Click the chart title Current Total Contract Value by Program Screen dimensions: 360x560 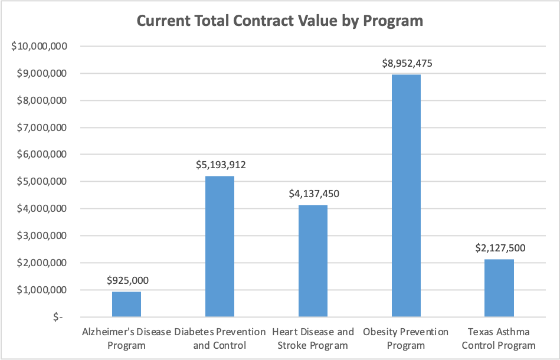pyautogui.click(x=280, y=21)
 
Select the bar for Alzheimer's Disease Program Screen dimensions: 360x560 pyautogui.click(x=127, y=304)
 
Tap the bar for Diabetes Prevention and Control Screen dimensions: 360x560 pyautogui.click(x=220, y=247)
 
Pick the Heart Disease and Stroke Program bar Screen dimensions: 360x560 pyautogui.click(x=313, y=261)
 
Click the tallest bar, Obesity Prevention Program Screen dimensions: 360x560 pyautogui.click(x=406, y=196)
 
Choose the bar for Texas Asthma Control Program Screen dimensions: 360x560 pyautogui.click(x=499, y=288)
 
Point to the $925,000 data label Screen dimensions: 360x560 pyautogui.click(x=127, y=280)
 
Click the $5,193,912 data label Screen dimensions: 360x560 pyautogui.click(x=221, y=165)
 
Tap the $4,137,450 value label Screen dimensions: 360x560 pyautogui.click(x=314, y=194)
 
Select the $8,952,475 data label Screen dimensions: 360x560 pyautogui.click(x=407, y=64)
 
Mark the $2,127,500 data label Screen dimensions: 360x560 pyautogui.click(x=500, y=248)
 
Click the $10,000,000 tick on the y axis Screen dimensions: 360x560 pyautogui.click(x=38, y=47)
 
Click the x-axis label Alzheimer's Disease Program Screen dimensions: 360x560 pyautogui.click(x=127, y=338)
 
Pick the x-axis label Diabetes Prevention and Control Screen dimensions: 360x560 pyautogui.click(x=220, y=338)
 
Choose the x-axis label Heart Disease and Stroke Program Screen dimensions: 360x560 pyautogui.click(x=313, y=338)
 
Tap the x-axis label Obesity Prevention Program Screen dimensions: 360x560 pyautogui.click(x=406, y=338)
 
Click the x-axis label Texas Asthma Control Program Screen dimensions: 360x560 pyautogui.click(x=499, y=338)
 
